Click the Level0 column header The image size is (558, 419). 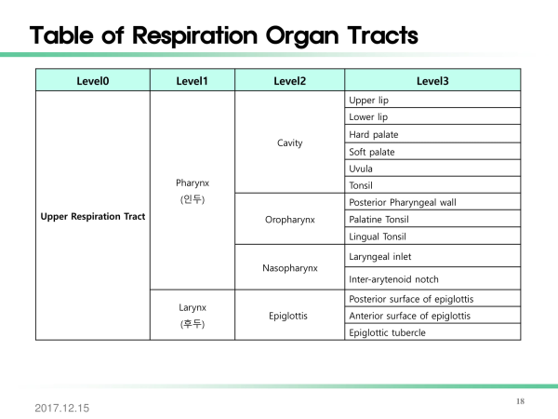[x=93, y=81]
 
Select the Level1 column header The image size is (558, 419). [x=192, y=81]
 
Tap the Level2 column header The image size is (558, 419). [x=289, y=81]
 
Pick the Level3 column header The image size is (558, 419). [x=432, y=81]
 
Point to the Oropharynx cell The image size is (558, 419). [x=290, y=220]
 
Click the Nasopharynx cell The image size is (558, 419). [x=290, y=268]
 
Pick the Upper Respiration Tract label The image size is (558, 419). [x=93, y=216]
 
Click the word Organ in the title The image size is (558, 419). [x=302, y=36]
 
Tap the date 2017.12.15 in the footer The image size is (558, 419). [x=62, y=408]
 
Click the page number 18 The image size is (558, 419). [x=520, y=401]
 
